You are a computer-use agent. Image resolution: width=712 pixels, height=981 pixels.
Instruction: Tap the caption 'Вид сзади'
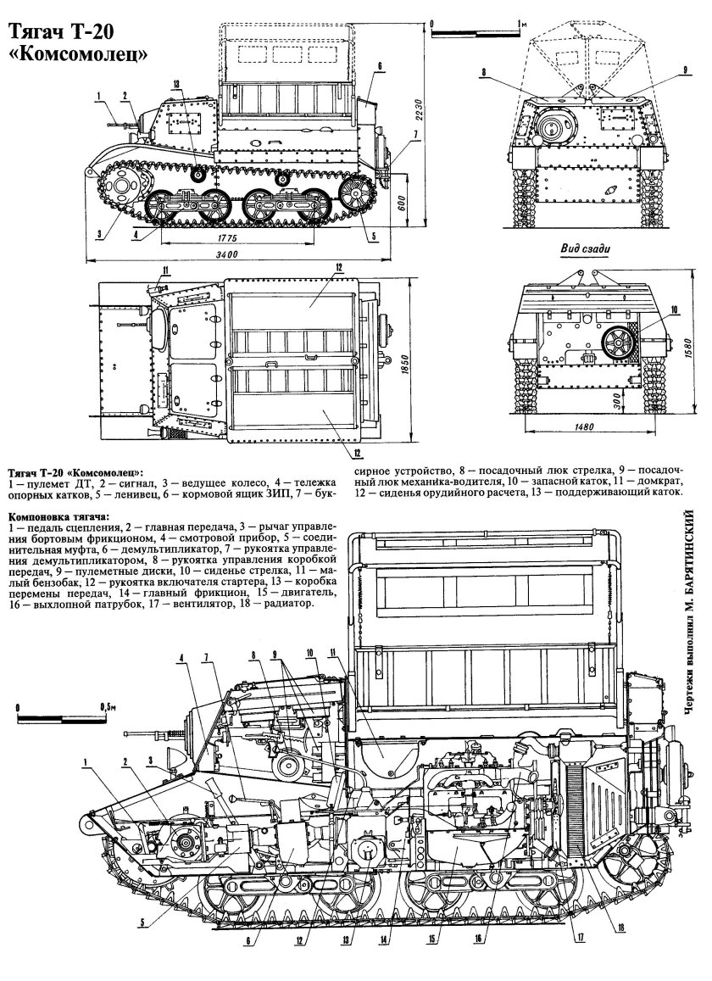[585, 248]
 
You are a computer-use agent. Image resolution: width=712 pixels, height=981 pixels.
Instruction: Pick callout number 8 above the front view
[483, 74]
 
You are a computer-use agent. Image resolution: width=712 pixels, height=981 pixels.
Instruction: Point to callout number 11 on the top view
[166, 270]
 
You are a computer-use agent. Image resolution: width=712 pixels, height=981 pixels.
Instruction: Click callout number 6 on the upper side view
[380, 65]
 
